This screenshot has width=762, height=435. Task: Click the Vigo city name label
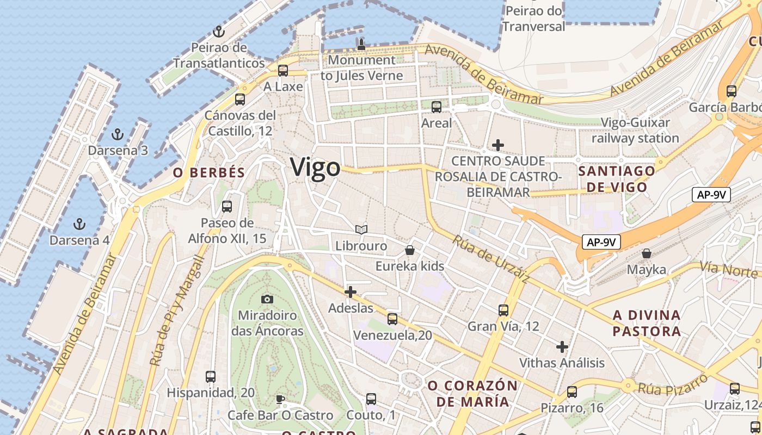315,167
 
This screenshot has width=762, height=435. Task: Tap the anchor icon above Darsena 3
118,134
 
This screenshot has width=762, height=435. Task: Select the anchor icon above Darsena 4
79,223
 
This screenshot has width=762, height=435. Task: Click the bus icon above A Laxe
283,70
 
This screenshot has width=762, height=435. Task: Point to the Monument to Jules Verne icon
361,44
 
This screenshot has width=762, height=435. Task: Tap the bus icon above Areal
437,107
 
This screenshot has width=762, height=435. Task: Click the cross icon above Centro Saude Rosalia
497,145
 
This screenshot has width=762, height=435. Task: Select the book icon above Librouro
361,229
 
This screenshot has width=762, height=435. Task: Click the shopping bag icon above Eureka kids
410,250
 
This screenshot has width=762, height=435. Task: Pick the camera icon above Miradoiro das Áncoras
267,299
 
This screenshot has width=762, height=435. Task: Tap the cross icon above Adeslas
351,292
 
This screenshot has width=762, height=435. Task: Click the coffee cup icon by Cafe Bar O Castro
280,400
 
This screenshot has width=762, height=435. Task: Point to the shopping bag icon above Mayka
647,253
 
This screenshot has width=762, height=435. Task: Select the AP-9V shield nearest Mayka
601,242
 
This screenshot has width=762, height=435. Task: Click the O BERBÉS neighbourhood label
209,173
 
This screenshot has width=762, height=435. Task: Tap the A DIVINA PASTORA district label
647,323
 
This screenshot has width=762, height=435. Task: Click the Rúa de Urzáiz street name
490,259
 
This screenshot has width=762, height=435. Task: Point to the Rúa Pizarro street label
673,384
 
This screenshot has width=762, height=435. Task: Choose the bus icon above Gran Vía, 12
503,310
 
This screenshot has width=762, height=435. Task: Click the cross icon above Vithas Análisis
562,346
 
